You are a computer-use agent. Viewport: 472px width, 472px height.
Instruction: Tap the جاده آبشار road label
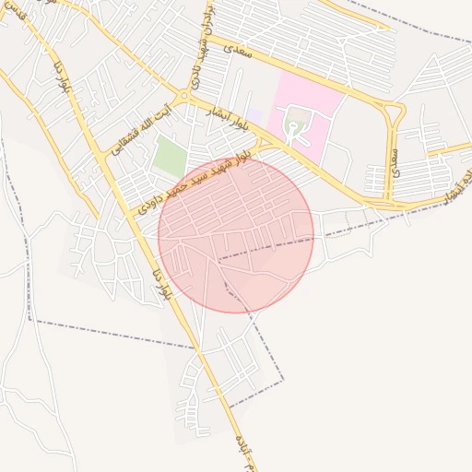tap(454, 183)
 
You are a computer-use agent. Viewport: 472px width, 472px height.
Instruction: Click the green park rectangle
tap(169, 155)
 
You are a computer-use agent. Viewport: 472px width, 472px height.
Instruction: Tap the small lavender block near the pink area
tap(255, 116)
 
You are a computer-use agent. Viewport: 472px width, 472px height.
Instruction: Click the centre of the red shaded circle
tap(236, 235)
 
